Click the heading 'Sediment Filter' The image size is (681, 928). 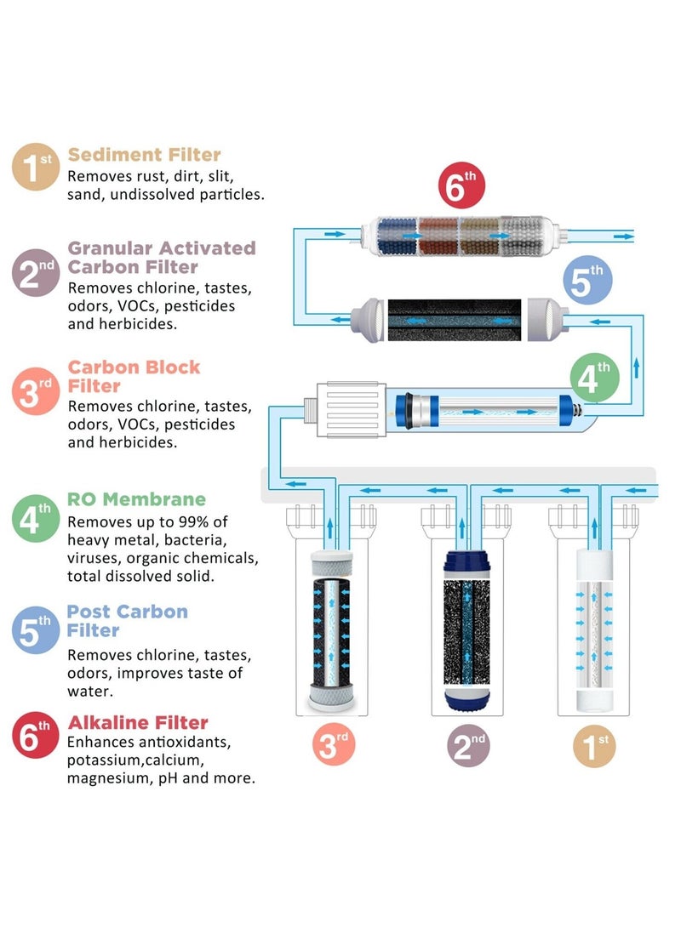click(144, 155)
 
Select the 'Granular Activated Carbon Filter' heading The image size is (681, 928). click(161, 258)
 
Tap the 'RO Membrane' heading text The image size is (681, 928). click(136, 499)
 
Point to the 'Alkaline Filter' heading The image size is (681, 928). click(137, 723)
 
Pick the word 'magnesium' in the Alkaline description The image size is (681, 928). click(107, 778)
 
